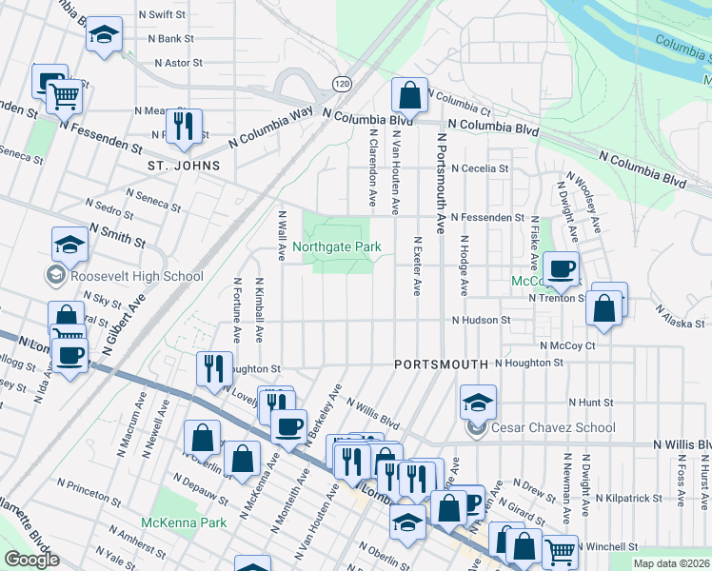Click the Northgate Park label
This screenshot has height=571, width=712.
pyautogui.click(x=337, y=246)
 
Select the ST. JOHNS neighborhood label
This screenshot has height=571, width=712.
pyautogui.click(x=184, y=166)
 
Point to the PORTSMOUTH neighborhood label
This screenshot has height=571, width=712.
pyautogui.click(x=441, y=364)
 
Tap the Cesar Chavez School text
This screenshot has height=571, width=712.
pyautogui.click(x=553, y=427)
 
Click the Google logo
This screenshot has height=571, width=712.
pyautogui.click(x=31, y=559)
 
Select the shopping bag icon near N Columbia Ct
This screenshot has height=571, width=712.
pyautogui.click(x=409, y=95)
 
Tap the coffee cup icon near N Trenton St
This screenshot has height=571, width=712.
pyautogui.click(x=562, y=268)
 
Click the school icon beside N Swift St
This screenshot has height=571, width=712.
pyautogui.click(x=104, y=36)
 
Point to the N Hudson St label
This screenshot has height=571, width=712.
pyautogui.click(x=482, y=321)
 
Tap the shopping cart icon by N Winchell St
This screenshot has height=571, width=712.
pyautogui.click(x=561, y=549)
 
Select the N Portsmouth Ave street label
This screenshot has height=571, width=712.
pyautogui.click(x=441, y=183)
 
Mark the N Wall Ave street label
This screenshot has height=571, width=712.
pyautogui.click(x=282, y=235)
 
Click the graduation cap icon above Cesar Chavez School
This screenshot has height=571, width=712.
pyautogui.click(x=478, y=402)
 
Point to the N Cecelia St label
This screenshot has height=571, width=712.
pyautogui.click(x=480, y=168)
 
